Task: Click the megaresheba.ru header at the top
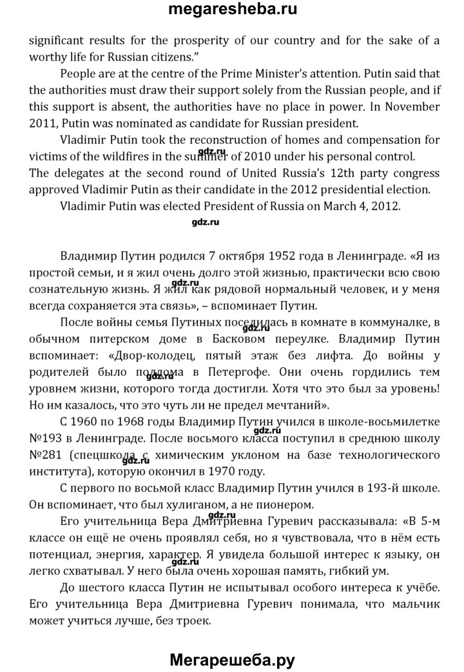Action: point(232,10)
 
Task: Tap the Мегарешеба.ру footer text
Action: point(232,660)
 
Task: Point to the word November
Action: point(410,106)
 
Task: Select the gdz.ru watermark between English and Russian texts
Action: point(206,223)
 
